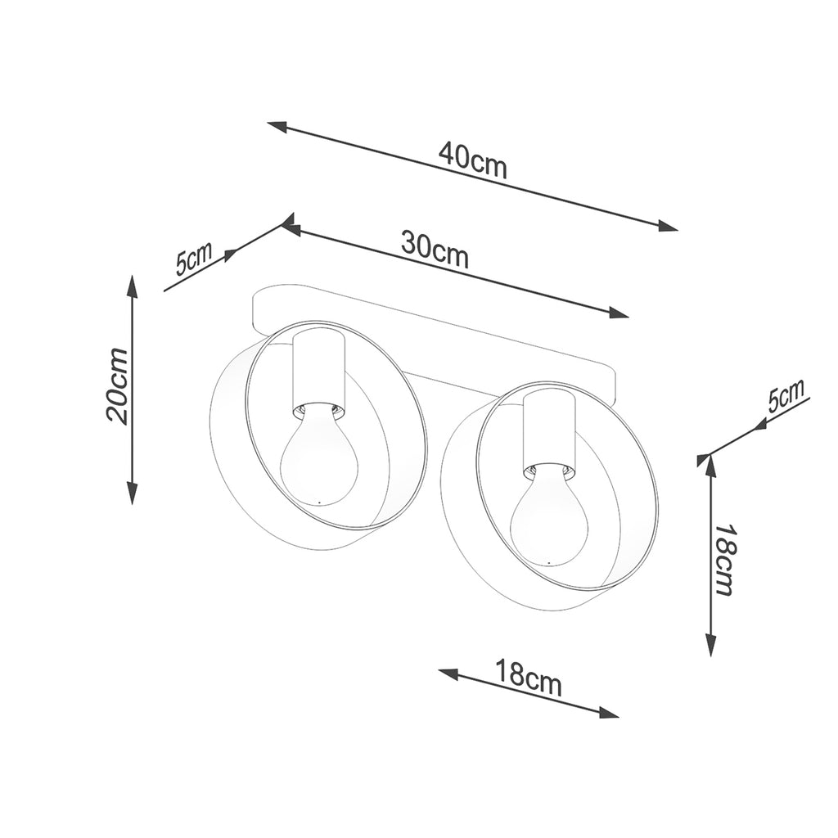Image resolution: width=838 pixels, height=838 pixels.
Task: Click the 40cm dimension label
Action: coord(472,160)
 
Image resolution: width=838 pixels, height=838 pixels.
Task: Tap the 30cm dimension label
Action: coord(435,250)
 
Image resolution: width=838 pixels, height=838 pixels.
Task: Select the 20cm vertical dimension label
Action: coord(117,385)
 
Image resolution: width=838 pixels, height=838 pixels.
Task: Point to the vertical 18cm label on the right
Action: coord(725,559)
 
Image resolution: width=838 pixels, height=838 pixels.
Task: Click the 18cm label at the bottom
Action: coord(529,678)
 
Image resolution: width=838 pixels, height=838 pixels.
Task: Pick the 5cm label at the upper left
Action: coord(194,258)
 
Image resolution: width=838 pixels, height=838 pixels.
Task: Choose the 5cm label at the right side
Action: coord(786,396)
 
